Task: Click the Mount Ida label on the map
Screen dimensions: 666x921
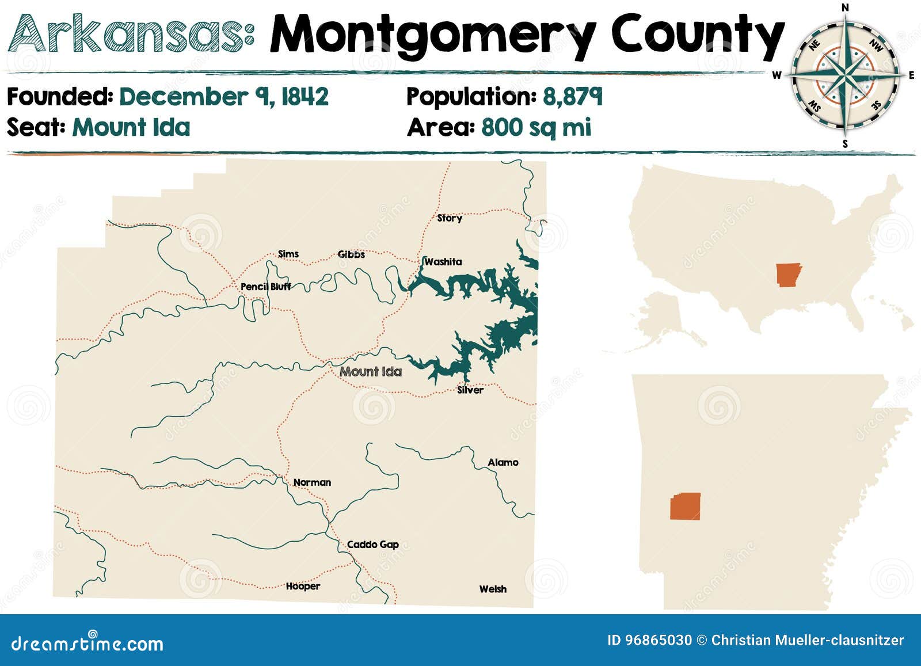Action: pos(370,372)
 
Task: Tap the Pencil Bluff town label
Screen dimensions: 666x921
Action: pos(265,287)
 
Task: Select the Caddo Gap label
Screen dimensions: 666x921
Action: pos(372,545)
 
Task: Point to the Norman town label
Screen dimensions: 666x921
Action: pos(312,482)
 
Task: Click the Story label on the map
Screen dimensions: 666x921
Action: pos(449,218)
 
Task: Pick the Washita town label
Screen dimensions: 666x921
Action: pos(443,262)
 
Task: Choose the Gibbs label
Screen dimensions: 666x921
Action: pos(351,254)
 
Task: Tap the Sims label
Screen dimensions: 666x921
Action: pos(288,254)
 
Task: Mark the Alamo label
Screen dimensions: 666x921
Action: pos(503,462)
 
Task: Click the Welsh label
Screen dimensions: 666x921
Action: pos(493,589)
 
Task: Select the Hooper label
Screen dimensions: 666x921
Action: pos(303,587)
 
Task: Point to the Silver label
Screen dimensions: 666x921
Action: pos(470,390)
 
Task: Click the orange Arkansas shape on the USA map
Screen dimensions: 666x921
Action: pos(788,275)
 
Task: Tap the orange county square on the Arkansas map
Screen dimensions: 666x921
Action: pos(685,507)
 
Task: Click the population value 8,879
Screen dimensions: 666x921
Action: pos(572,97)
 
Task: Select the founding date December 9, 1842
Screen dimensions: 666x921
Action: pos(223,97)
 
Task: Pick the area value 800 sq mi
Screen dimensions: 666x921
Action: pos(536,127)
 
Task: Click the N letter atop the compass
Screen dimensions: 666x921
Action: pos(845,7)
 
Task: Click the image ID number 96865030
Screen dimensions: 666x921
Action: pos(649,640)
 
